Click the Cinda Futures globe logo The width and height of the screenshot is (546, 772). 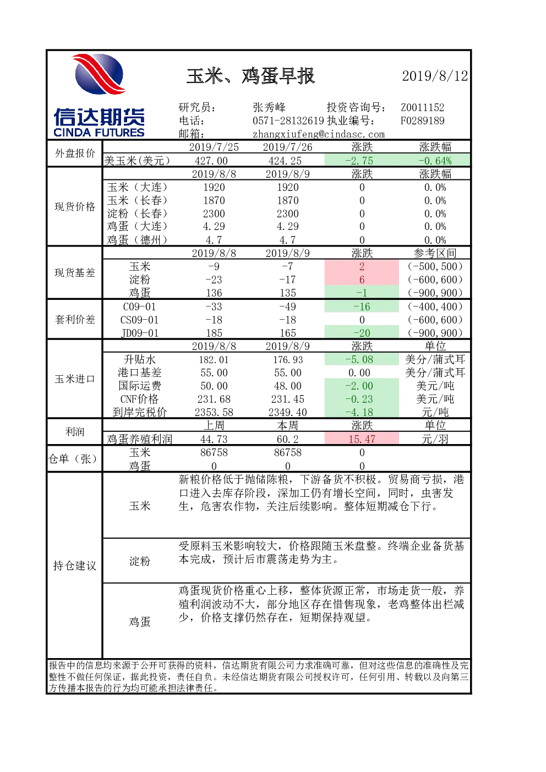[x=99, y=74]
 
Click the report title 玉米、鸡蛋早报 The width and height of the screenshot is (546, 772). [x=250, y=76]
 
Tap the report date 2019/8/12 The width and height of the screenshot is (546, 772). [x=435, y=76]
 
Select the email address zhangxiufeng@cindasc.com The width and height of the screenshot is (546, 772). [x=319, y=134]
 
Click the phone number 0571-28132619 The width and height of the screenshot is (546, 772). [x=288, y=121]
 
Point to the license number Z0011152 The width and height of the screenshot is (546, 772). [x=422, y=107]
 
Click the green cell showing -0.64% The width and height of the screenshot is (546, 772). [x=435, y=161]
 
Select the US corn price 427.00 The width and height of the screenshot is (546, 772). [x=214, y=161]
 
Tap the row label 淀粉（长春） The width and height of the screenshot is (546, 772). [x=137, y=213]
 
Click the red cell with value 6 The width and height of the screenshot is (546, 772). [x=362, y=280]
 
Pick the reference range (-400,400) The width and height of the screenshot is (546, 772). [x=435, y=306]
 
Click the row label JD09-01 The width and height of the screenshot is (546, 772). [x=140, y=333]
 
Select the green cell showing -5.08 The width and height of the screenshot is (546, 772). [x=362, y=359]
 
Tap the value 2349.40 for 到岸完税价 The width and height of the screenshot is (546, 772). [x=287, y=412]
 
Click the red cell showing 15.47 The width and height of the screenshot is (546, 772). [x=362, y=439]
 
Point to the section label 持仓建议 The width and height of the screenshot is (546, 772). [x=74, y=566]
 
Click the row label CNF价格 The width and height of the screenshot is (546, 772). [x=139, y=399]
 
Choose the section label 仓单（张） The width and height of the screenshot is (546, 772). [x=73, y=459]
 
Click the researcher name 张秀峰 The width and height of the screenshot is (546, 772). [x=269, y=107]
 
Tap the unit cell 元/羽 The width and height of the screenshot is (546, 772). [x=435, y=439]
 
